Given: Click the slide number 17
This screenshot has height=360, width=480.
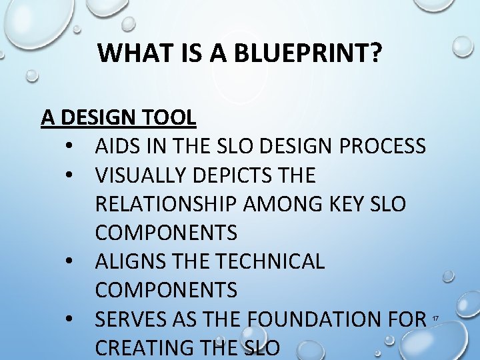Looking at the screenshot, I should point(435,319).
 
